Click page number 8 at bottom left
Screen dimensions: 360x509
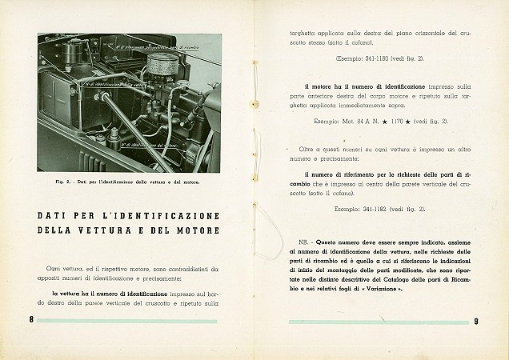(x=29, y=321)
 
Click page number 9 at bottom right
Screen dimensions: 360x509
(x=476, y=322)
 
